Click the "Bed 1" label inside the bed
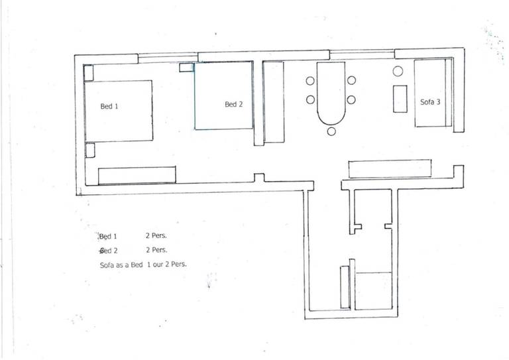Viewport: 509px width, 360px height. click(x=109, y=106)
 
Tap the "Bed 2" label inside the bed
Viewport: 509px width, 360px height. click(x=234, y=104)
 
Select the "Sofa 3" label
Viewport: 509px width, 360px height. click(x=430, y=102)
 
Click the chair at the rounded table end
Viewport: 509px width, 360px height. click(x=331, y=131)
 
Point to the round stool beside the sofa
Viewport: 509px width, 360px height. click(x=398, y=71)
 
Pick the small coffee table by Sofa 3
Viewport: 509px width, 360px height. click(x=400, y=99)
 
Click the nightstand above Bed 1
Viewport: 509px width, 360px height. click(x=89, y=73)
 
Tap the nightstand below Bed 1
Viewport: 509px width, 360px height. click(x=90, y=150)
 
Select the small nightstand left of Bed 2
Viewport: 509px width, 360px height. click(x=187, y=68)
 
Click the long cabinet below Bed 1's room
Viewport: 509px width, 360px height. click(x=137, y=175)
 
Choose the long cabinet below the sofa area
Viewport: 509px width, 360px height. click(x=390, y=169)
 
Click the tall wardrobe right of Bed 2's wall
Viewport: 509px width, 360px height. click(x=274, y=102)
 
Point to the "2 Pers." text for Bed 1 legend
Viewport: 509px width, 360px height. click(x=156, y=235)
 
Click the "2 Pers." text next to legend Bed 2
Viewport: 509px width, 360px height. click(x=156, y=250)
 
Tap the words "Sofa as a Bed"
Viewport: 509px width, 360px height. click(x=121, y=265)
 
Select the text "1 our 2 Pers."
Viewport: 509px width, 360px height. click(x=167, y=265)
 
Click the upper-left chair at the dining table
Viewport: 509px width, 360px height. click(x=310, y=81)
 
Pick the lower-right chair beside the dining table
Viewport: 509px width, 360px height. click(x=351, y=99)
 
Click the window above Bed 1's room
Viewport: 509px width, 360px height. click(x=168, y=58)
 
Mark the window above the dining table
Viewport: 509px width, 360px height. click(x=362, y=54)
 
